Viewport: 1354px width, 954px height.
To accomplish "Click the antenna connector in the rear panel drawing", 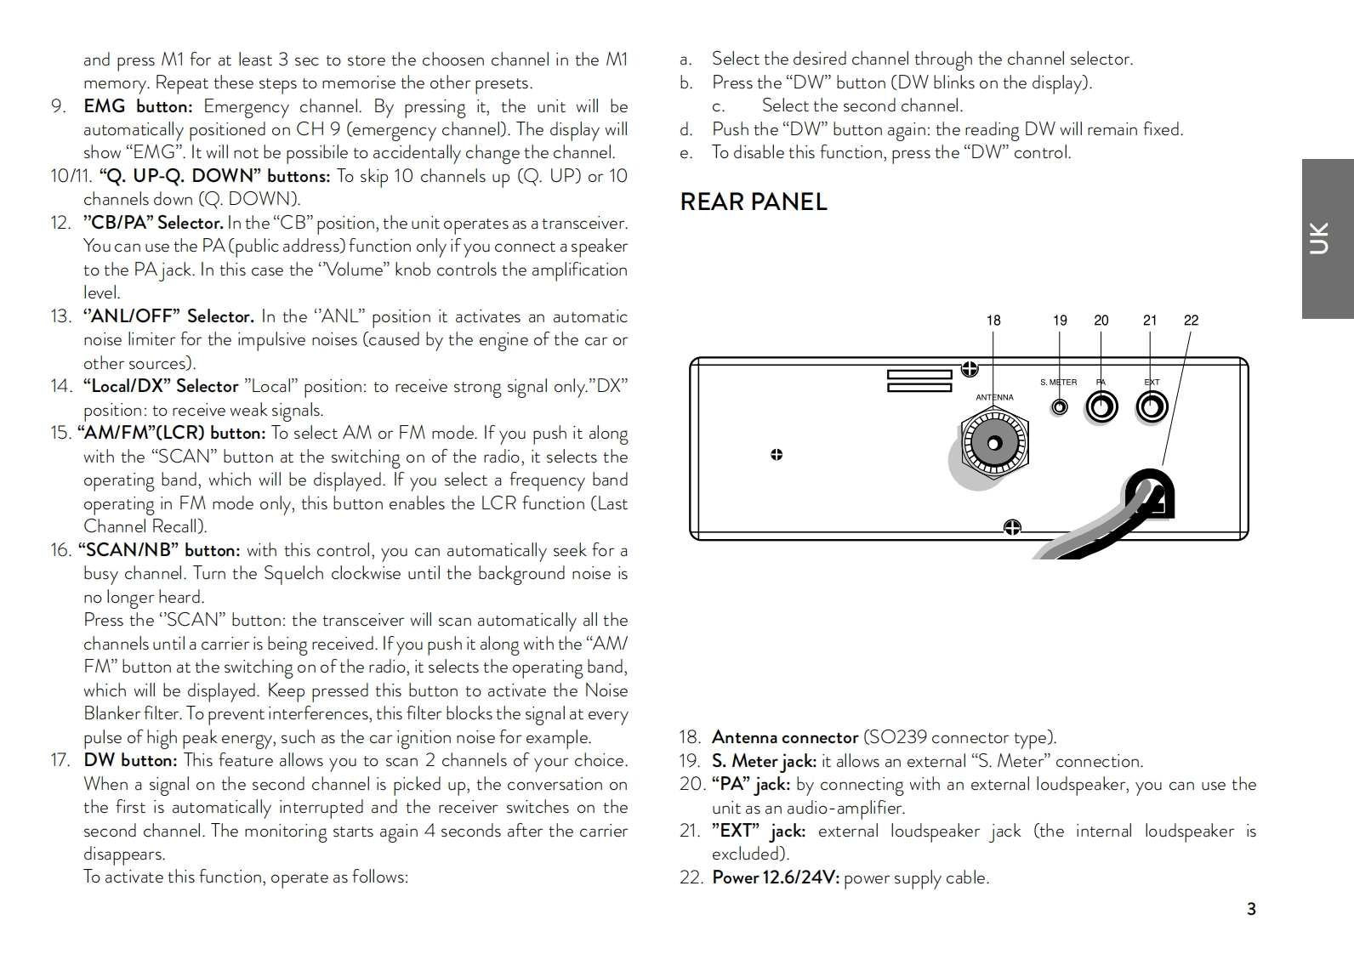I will (x=993, y=443).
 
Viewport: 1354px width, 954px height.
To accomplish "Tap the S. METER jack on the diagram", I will (x=1059, y=407).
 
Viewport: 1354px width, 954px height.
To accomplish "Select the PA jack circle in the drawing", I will (x=1101, y=408).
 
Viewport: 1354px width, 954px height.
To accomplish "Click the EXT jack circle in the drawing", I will (x=1151, y=408).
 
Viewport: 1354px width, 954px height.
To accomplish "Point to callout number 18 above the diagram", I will (x=993, y=321).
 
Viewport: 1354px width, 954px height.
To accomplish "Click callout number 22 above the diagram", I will (x=1191, y=321).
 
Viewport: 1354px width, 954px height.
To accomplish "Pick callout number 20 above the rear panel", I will (x=1101, y=321).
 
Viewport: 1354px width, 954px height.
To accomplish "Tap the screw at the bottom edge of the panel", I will (x=1012, y=528).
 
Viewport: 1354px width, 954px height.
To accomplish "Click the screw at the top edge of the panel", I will (x=969, y=369).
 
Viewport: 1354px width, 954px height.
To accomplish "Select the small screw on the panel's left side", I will (x=777, y=455).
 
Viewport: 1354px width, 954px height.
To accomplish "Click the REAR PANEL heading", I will (x=754, y=202).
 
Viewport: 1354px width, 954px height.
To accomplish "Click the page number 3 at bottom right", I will (x=1251, y=909).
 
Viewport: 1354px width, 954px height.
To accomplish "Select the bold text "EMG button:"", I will (x=138, y=106).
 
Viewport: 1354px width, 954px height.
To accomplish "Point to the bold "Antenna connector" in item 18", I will (x=784, y=737).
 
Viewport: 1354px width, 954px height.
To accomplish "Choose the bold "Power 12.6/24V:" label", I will (x=775, y=877).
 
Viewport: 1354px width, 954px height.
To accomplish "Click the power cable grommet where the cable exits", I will (x=1151, y=497).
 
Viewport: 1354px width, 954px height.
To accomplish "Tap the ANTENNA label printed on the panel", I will (x=994, y=397).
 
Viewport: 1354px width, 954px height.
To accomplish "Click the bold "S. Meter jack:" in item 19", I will (x=764, y=761).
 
